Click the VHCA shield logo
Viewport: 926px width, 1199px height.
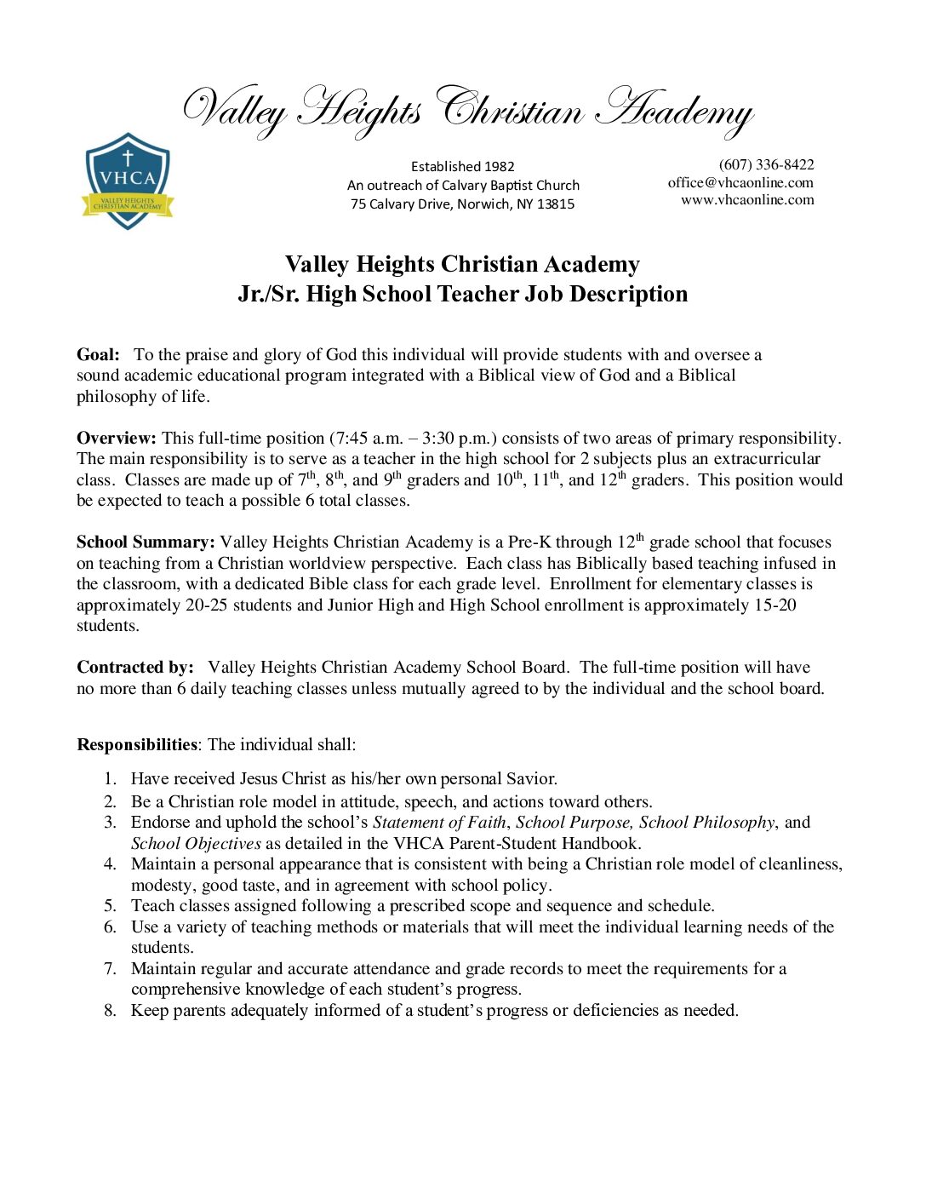128,181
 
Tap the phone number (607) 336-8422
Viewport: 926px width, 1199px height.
766,164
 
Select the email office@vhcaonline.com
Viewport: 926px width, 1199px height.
740,182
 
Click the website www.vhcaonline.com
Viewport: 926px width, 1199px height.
747,200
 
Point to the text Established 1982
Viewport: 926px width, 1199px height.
462,167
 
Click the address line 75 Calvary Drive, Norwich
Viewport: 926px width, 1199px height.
462,204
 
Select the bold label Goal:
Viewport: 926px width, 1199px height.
98,355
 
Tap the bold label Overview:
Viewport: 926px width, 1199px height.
117,439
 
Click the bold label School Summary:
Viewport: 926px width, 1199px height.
146,542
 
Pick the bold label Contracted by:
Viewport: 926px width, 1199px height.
135,668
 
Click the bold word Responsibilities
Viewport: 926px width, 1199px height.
137,745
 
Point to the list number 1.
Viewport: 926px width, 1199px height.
109,779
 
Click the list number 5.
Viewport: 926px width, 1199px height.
110,906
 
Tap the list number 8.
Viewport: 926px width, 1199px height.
110,1011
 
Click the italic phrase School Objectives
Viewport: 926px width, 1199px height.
196,844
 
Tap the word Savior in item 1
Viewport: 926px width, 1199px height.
529,779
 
